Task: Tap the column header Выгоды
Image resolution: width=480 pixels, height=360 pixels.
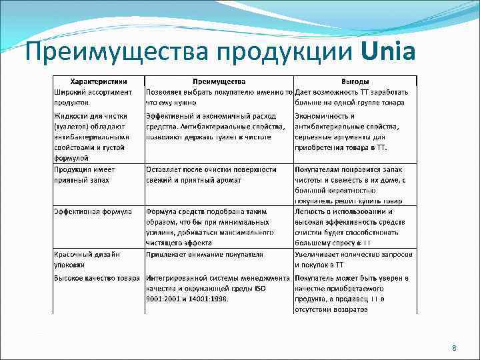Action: point(355,81)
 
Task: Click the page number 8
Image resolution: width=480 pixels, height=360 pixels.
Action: point(454,349)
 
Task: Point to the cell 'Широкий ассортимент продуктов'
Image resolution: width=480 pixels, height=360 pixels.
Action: point(93,97)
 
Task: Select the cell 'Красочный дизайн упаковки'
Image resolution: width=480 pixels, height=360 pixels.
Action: point(88,260)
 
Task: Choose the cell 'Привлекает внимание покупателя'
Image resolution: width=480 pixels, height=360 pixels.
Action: point(205,255)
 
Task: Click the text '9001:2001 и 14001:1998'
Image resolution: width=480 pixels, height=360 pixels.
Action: point(187,299)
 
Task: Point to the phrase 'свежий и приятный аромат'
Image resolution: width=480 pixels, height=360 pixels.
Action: point(193,180)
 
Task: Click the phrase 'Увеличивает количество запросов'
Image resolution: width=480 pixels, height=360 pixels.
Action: point(353,255)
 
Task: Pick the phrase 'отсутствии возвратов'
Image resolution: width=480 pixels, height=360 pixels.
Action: point(331,309)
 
